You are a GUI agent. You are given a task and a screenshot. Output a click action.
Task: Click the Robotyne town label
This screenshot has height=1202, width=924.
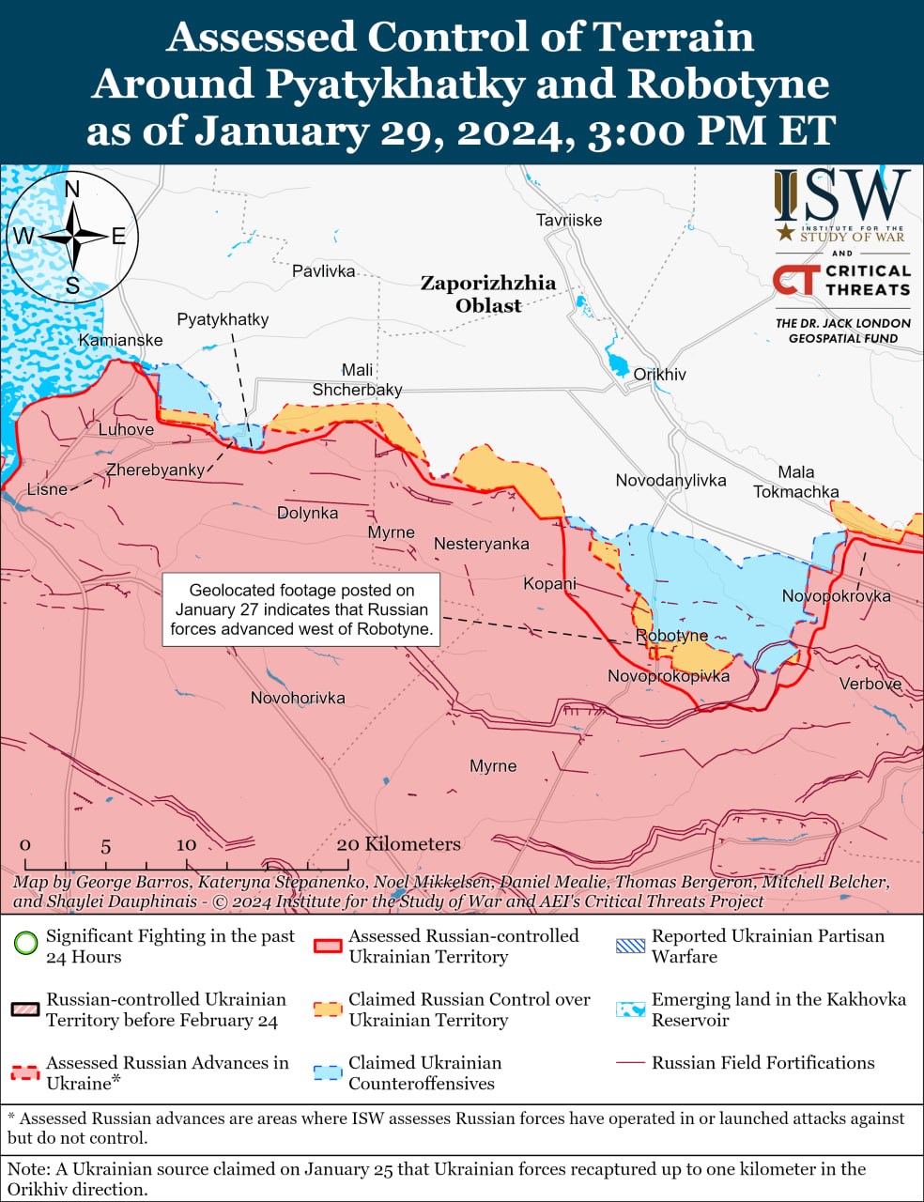(671, 636)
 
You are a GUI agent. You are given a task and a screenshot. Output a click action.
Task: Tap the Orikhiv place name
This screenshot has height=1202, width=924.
(659, 374)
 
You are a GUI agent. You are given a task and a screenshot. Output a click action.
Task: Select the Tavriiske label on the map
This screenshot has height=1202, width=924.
(569, 220)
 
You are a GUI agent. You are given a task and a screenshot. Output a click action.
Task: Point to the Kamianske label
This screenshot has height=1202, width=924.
(120, 340)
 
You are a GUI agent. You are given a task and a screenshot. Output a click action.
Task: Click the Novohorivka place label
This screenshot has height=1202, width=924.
(298, 698)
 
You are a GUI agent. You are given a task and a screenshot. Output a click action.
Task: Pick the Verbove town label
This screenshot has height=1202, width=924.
(870, 684)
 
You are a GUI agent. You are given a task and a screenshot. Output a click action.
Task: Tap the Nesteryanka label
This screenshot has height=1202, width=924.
(481, 544)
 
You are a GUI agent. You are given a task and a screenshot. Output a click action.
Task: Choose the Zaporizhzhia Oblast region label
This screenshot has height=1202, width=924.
(488, 294)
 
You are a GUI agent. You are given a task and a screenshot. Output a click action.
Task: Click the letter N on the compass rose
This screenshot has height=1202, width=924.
(72, 191)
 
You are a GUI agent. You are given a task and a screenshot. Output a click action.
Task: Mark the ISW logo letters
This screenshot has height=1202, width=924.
(842, 196)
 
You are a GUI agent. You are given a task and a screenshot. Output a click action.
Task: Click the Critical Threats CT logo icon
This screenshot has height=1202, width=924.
(795, 280)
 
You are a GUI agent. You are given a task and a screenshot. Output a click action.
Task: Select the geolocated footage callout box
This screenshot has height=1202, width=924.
(301, 609)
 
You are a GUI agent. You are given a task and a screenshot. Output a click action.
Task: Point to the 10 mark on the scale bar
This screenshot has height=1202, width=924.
(186, 844)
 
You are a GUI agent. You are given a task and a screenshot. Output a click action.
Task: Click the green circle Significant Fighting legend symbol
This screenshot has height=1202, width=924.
(26, 943)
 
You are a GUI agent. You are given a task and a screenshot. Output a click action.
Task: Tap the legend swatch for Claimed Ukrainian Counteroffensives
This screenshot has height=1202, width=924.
(328, 1072)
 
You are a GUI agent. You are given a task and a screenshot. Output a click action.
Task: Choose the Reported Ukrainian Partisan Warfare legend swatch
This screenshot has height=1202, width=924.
(630, 946)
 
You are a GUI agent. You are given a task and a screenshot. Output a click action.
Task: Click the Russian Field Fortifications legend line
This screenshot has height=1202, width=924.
(630, 1063)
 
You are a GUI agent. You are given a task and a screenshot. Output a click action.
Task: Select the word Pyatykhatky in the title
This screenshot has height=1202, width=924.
(394, 84)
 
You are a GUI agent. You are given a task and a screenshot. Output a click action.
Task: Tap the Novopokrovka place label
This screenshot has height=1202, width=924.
(836, 595)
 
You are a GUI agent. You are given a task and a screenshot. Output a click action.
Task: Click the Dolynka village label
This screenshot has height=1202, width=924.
(307, 513)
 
